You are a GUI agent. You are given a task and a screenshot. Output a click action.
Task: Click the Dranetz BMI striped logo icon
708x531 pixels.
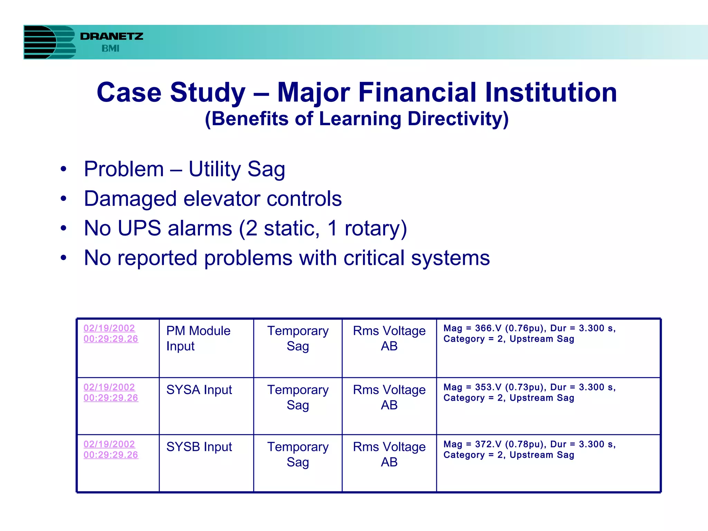[49, 42]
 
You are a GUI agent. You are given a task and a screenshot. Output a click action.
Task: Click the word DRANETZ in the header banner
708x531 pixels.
[112, 36]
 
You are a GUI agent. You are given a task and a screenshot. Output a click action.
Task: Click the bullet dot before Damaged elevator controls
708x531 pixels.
[63, 199]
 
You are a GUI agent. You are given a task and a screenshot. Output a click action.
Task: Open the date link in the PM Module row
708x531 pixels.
[111, 333]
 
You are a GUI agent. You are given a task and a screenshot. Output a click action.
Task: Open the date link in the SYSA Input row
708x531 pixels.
[111, 392]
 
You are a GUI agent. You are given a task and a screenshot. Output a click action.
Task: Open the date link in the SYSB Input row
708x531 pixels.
[111, 449]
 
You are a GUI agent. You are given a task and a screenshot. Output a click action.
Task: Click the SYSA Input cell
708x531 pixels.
[199, 390]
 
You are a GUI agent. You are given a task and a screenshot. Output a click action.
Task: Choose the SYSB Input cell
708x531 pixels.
[199, 447]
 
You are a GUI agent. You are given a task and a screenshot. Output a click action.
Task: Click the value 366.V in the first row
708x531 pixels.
[488, 328]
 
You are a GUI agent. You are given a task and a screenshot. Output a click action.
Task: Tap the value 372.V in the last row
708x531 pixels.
[488, 445]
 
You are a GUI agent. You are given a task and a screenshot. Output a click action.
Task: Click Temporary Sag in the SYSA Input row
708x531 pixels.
[298, 397]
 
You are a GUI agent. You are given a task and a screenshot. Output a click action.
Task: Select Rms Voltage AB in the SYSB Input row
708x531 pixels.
[389, 454]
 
